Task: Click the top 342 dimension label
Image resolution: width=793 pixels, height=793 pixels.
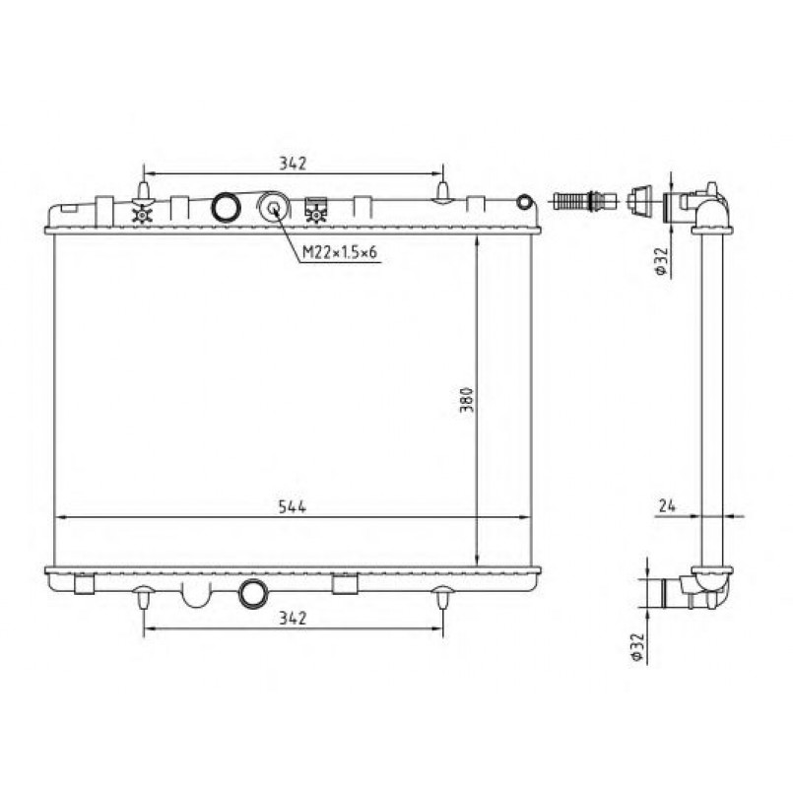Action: pyautogui.click(x=293, y=164)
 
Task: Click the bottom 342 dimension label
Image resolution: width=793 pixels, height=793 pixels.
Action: pyautogui.click(x=293, y=618)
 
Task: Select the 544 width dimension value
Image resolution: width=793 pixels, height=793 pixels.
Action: pyautogui.click(x=293, y=506)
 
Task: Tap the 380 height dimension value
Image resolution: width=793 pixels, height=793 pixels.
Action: pyautogui.click(x=466, y=400)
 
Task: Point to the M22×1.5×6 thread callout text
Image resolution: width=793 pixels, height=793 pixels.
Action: pyautogui.click(x=339, y=252)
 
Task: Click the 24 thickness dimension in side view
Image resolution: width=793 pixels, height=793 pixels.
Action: pyautogui.click(x=667, y=505)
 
